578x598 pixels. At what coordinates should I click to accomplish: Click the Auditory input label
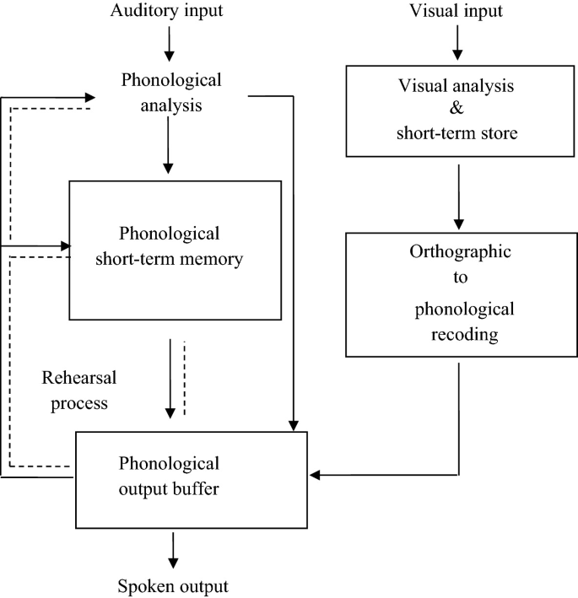(170, 12)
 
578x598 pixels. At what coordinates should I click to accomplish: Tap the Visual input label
(456, 12)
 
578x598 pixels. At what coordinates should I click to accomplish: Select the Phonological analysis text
(171, 94)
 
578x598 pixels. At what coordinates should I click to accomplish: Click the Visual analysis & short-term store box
(456, 111)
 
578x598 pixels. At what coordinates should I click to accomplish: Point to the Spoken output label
(172, 585)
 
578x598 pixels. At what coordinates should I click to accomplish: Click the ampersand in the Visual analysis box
(456, 111)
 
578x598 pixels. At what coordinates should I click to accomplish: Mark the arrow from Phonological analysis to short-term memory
(170, 144)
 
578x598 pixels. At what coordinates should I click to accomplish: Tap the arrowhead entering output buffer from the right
(314, 475)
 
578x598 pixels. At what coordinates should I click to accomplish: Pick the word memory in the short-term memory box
(216, 258)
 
